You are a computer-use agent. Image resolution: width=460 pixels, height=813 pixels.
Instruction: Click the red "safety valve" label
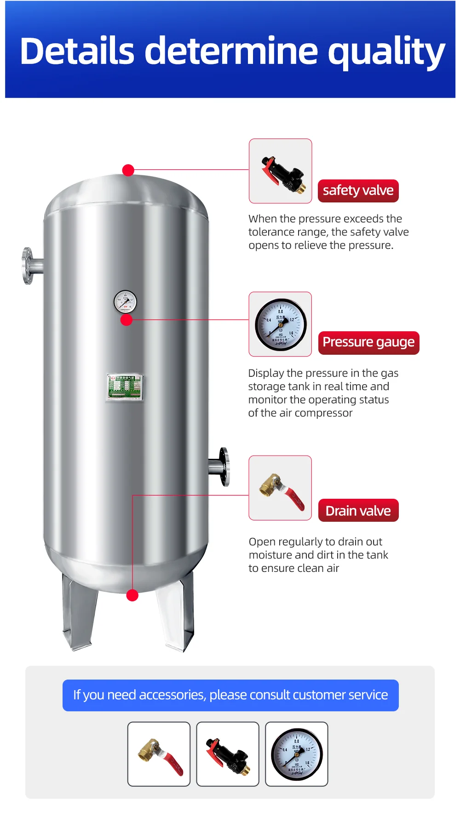click(358, 190)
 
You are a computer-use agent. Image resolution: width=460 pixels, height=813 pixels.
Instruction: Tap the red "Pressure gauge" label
click(368, 342)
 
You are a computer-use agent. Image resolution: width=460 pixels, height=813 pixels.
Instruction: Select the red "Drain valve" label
click(358, 511)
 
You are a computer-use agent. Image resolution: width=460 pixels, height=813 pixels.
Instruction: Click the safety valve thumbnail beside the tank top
click(280, 171)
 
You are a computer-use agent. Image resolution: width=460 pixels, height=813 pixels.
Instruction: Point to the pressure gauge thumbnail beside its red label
click(280, 324)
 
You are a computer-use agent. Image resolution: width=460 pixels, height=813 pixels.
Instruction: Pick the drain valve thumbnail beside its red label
click(280, 488)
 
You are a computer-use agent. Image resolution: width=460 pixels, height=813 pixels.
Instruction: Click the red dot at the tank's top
click(128, 170)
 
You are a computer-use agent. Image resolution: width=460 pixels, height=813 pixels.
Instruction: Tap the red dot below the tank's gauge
click(126, 320)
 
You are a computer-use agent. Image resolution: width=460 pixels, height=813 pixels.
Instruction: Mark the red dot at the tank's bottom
click(132, 595)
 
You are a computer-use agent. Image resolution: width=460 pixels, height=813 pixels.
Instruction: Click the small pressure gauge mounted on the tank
click(125, 302)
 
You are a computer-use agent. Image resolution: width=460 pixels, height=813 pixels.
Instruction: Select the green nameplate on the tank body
click(125, 387)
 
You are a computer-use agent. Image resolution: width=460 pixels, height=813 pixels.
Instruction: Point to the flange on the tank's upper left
click(29, 266)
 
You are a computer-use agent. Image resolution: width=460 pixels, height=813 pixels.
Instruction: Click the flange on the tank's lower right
click(223, 467)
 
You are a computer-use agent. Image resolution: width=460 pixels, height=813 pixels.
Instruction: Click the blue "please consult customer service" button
click(230, 695)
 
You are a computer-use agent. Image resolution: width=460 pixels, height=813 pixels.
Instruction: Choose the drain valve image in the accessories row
click(159, 754)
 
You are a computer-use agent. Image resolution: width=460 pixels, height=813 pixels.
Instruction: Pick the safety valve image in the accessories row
click(228, 754)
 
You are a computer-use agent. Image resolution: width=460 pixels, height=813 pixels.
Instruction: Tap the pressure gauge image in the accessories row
click(297, 754)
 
